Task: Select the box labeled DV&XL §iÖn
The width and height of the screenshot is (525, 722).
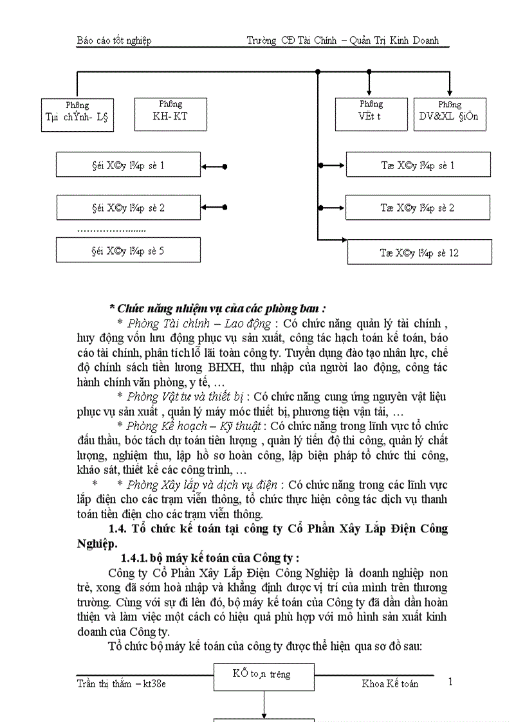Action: click(450, 114)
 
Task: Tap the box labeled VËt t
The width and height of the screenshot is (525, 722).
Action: click(371, 114)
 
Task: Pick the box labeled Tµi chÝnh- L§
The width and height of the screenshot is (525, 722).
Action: click(77, 115)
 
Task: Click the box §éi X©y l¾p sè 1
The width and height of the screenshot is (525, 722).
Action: click(129, 165)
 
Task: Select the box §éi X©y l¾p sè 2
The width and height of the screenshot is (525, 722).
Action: click(129, 208)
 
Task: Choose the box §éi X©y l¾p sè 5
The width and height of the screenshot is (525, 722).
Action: click(129, 250)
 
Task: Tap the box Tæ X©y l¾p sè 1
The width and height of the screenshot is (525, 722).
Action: click(418, 165)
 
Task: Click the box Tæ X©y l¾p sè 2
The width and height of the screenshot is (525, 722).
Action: click(418, 208)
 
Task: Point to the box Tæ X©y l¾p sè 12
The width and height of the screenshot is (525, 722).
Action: click(419, 252)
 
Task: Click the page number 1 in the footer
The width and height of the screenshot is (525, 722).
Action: click(450, 681)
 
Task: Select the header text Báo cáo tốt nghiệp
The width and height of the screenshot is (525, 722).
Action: click(114, 41)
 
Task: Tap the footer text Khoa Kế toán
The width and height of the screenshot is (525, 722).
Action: click(390, 683)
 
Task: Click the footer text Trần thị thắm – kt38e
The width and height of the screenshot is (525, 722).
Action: click(121, 683)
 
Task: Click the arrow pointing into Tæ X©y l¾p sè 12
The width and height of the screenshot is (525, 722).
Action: click(335, 240)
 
